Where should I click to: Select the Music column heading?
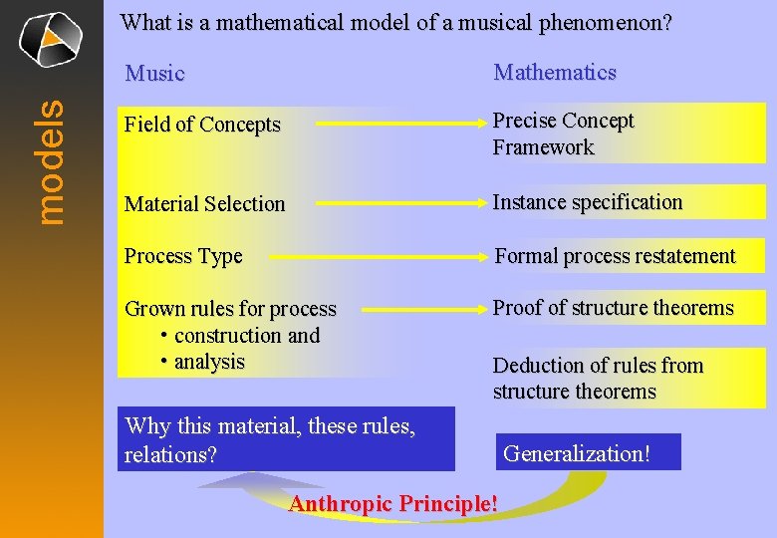click(x=154, y=74)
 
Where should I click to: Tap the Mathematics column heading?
click(x=555, y=73)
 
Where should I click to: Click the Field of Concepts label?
click(x=202, y=126)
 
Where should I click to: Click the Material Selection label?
click(x=204, y=204)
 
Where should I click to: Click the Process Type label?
click(x=183, y=256)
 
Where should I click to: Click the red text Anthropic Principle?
click(x=393, y=504)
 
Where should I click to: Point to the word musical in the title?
click(x=477, y=23)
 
